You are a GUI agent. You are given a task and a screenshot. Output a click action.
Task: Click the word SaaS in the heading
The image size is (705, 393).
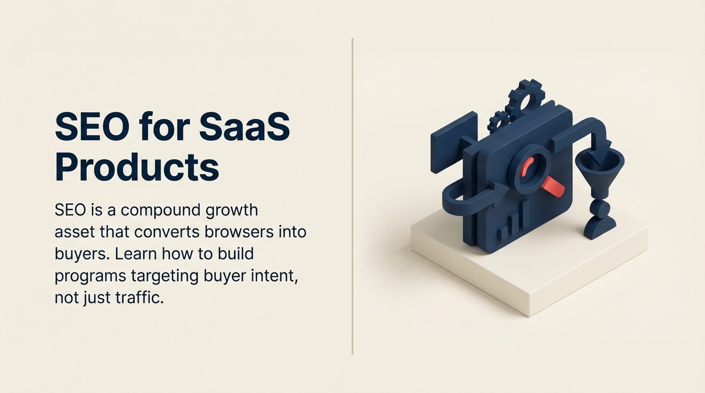[244, 127]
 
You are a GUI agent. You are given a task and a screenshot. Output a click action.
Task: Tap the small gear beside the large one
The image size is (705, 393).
[499, 122]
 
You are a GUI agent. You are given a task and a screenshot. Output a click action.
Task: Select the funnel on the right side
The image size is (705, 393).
[599, 171]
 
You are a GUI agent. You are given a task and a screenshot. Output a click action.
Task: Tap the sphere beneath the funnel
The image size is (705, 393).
[600, 208]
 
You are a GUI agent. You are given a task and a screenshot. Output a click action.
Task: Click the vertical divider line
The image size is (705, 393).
[352, 196]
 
